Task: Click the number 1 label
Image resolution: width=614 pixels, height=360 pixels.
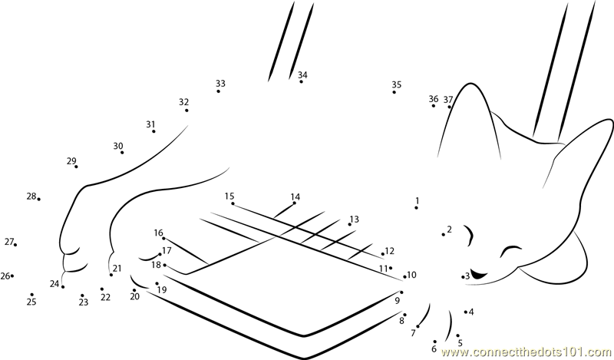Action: pos(418,200)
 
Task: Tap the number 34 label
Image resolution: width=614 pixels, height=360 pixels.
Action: pos(302,74)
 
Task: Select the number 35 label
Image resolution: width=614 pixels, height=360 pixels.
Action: pos(397,84)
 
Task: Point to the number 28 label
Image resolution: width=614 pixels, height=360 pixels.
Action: pos(31,196)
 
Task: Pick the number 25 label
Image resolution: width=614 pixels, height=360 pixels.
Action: pos(31,302)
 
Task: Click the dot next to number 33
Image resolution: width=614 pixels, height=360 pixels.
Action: pos(219,91)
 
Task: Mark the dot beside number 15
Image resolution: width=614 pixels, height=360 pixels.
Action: pos(233,203)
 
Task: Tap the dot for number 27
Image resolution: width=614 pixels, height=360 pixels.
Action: pos(15,245)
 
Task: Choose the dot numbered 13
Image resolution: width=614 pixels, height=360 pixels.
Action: pos(350,224)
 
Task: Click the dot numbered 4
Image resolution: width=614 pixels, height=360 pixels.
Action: pos(466,312)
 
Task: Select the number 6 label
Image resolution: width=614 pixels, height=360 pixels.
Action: pos(434,348)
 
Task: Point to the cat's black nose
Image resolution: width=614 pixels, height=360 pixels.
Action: pos(477,274)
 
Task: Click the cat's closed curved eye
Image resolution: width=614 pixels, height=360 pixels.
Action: pos(511,250)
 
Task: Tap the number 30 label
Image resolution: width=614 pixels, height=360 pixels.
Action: pos(118,146)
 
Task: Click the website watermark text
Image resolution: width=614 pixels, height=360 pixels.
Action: pos(527,352)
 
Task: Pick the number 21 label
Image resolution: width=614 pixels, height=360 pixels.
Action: pos(117,269)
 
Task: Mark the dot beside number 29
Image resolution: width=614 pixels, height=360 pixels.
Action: pos(76,167)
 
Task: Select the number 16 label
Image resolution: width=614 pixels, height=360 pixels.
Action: pos(158,233)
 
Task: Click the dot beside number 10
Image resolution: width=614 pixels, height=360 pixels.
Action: pos(405,277)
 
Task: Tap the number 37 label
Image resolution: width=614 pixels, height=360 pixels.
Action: pos(448,100)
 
